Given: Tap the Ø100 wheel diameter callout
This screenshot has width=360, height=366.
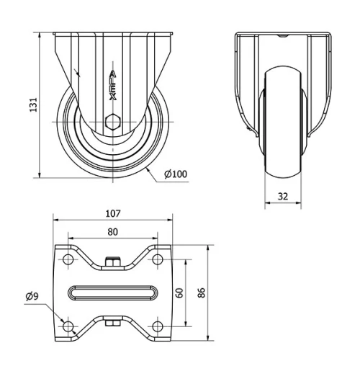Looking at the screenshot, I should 176,174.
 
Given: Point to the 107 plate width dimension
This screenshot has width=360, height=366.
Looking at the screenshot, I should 112,213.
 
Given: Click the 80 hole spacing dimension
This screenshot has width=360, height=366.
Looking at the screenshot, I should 112,232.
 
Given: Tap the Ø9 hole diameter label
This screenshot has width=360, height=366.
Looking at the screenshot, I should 32,295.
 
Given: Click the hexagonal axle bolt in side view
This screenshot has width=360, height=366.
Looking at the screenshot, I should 112,122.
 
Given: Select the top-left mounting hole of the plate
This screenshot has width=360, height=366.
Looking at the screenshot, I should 68,259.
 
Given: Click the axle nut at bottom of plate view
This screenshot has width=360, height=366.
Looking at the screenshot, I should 112,323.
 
